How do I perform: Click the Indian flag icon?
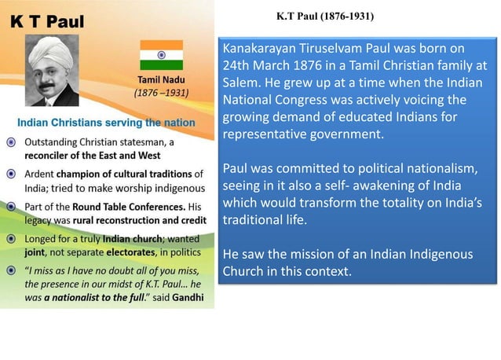point(161,55)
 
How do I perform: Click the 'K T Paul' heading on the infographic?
point(48,20)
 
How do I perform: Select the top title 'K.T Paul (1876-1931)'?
point(326,16)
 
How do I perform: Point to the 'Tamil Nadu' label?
point(161,81)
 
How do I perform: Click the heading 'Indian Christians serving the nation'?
point(106,123)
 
